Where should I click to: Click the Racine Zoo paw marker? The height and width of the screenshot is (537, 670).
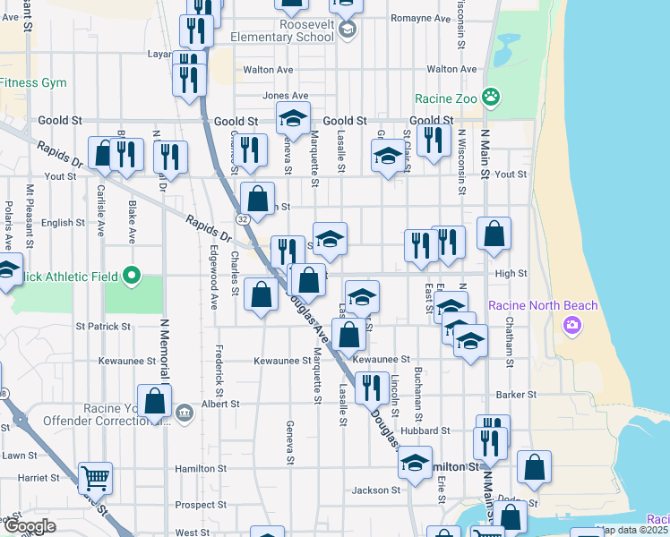coord(491,97)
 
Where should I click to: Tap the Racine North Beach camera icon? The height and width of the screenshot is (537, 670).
coord(571,325)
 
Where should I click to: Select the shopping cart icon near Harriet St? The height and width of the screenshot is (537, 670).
coord(95,478)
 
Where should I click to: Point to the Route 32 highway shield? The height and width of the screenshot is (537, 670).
coord(243,218)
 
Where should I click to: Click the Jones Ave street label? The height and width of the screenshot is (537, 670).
coord(285,96)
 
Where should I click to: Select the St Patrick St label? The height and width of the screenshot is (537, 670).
coord(103,327)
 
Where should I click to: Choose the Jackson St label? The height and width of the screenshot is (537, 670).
coord(375,490)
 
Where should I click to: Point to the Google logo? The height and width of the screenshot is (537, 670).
coord(30,526)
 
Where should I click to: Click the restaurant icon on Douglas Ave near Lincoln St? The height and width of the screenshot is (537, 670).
coord(368,387)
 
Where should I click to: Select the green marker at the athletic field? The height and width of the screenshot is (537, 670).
coord(132,275)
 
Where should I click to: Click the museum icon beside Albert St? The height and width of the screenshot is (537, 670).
coord(184,413)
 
